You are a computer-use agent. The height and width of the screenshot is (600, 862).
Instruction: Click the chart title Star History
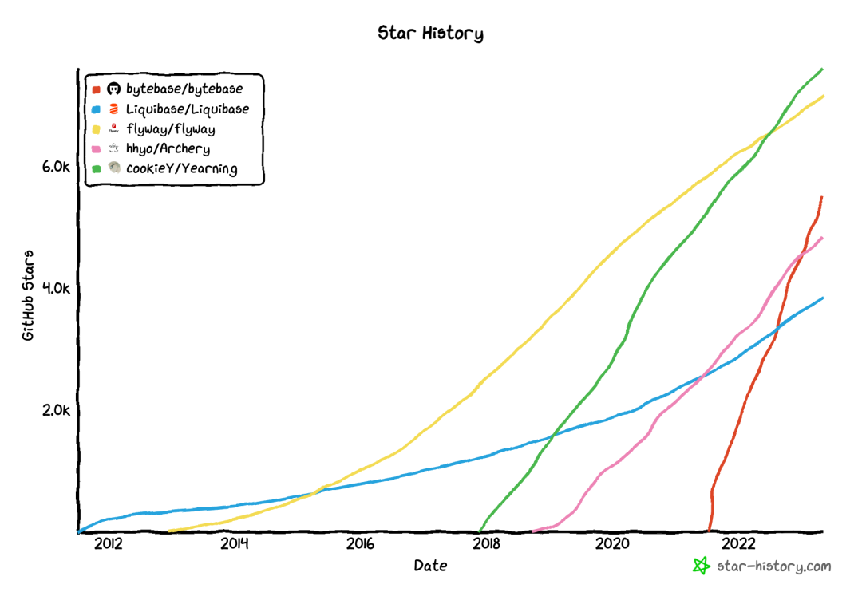point(430,34)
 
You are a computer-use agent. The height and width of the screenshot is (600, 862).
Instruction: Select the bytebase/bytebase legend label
point(184,89)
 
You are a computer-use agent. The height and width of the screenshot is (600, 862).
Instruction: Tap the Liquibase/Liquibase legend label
point(188,109)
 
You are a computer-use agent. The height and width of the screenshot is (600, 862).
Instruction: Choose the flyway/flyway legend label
point(171,128)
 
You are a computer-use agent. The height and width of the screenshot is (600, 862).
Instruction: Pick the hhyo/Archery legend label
point(168,148)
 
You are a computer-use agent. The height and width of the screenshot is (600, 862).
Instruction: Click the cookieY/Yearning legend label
point(182,168)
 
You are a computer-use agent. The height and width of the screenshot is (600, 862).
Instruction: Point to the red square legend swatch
point(96,89)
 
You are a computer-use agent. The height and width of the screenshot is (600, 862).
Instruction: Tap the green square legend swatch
point(96,169)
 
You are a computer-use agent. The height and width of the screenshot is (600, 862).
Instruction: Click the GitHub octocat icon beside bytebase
point(113,89)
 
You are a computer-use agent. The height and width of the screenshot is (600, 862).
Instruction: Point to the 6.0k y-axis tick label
point(57,166)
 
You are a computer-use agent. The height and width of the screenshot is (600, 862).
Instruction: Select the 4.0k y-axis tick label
point(57,288)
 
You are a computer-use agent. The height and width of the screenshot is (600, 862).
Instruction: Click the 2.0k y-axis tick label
point(57,410)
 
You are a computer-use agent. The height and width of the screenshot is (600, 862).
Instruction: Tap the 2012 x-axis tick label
point(108,545)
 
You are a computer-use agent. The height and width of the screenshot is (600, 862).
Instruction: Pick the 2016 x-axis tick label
point(360,545)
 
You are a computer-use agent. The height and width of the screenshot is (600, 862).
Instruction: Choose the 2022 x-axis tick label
point(738,545)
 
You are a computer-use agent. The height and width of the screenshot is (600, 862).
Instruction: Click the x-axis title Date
point(430,566)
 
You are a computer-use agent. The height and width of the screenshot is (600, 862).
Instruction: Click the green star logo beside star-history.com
point(701,566)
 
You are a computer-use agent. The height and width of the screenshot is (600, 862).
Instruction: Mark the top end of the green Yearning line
point(821,69)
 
